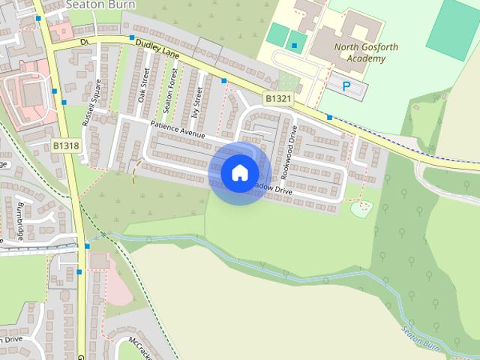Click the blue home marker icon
click(x=239, y=172)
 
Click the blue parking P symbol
click(x=346, y=86)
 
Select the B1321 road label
click(x=277, y=98)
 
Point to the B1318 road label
click(x=66, y=145)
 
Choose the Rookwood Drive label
click(x=289, y=151)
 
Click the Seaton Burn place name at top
click(x=94, y=4)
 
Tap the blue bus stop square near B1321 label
click(x=223, y=80)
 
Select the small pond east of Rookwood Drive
click(x=361, y=208)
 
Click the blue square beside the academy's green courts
click(x=294, y=46)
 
